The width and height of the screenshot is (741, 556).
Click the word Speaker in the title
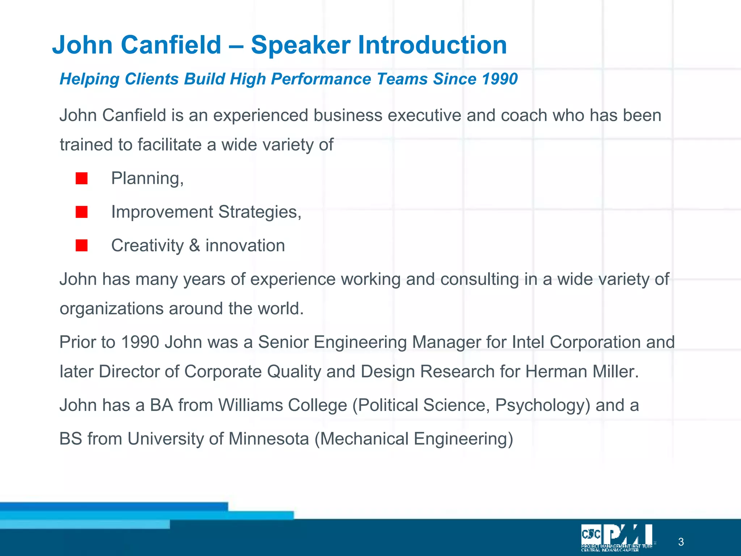(300, 45)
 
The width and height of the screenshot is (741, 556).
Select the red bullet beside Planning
(81, 178)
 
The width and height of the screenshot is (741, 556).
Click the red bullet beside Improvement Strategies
(81, 212)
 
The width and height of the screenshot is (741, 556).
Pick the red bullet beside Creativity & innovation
(81, 245)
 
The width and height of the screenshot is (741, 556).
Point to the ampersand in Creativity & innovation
(194, 246)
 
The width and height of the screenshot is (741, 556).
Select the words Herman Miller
(581, 371)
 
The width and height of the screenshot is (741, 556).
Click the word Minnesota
(268, 439)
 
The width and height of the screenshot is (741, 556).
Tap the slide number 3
(681, 542)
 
